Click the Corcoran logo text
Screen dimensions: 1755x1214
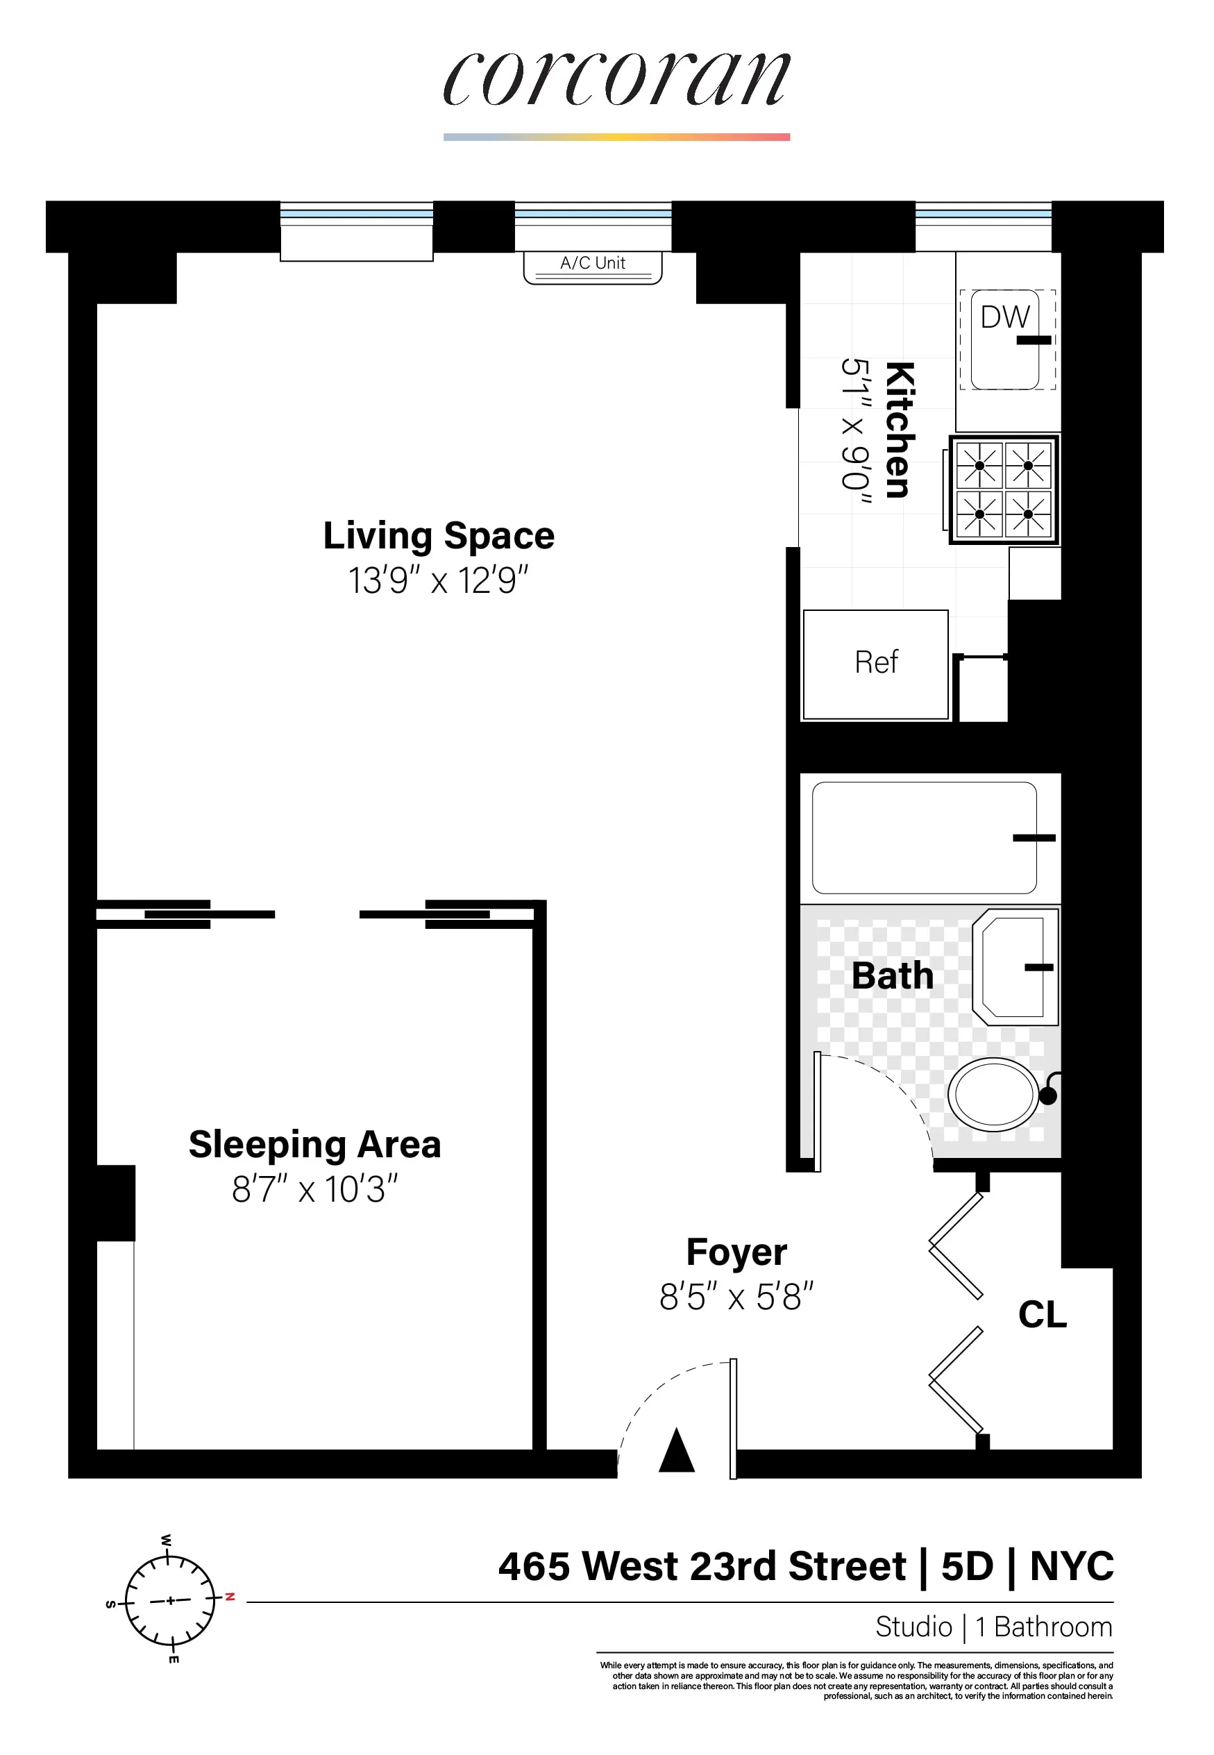click(x=616, y=80)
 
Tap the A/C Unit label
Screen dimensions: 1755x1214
click(x=593, y=263)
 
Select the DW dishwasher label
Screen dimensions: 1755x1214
click(x=1004, y=317)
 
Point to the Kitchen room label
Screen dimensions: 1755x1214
click(x=900, y=430)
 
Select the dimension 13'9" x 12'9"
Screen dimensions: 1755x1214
click(x=438, y=580)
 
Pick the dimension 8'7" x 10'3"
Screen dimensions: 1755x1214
click(x=314, y=1189)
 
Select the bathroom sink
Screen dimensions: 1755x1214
click(x=1015, y=967)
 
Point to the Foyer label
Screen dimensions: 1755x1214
click(x=736, y=1252)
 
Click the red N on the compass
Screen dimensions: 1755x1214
click(x=230, y=1597)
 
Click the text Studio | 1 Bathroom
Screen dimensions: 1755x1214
click(x=993, y=1627)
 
